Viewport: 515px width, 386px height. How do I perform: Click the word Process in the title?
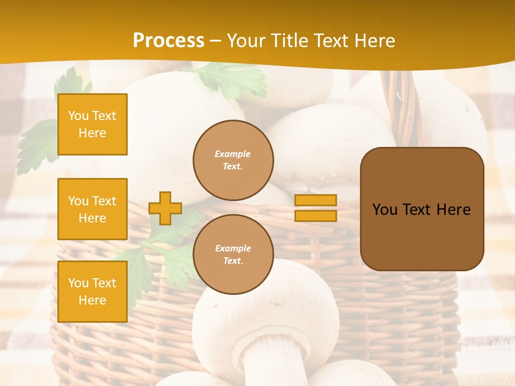(168, 41)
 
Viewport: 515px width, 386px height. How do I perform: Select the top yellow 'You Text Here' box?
(92, 124)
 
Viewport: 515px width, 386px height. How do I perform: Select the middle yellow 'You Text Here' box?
(92, 209)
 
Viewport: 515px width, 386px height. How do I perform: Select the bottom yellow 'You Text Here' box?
(92, 291)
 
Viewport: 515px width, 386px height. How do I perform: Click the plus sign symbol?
(165, 208)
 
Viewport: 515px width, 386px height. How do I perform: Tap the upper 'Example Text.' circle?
(233, 160)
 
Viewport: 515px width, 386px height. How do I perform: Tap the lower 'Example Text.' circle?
(233, 254)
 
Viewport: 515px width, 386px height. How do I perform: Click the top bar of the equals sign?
(315, 200)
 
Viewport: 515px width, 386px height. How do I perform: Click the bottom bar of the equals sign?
(315, 216)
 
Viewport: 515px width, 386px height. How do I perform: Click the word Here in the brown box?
(454, 210)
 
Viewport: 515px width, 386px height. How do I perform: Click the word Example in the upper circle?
(233, 154)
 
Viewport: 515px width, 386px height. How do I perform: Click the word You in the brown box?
(385, 210)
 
